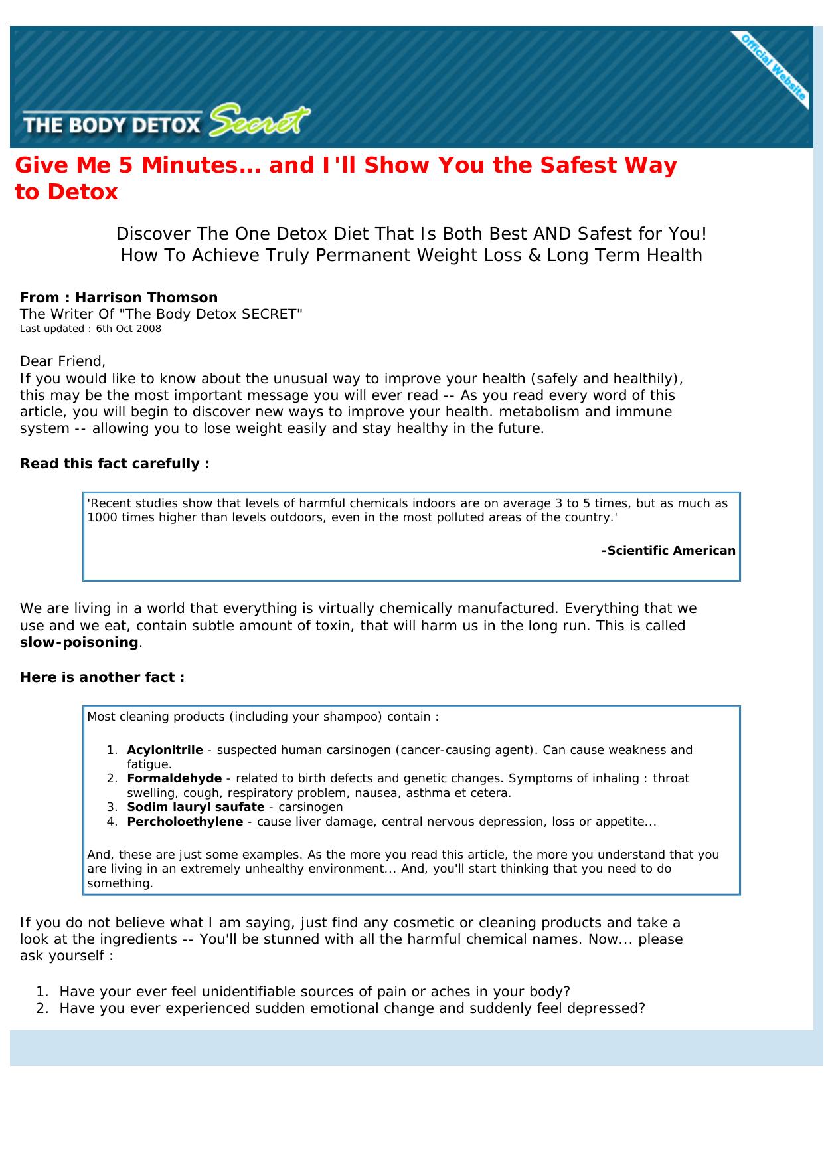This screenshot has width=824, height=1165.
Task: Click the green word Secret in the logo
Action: pyautogui.click(x=259, y=122)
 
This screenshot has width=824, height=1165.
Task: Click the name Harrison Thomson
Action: pyautogui.click(x=146, y=298)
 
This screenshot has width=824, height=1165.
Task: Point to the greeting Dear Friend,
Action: pyautogui.click(x=62, y=361)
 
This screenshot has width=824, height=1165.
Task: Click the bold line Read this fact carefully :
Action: pyautogui.click(x=114, y=464)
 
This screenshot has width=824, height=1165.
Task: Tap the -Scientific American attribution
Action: pyautogui.click(x=668, y=551)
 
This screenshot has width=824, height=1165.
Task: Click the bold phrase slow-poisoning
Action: pyautogui.click(x=78, y=642)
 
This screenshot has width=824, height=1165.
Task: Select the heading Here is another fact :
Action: pyautogui.click(x=102, y=677)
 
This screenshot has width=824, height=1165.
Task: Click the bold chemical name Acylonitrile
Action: pyautogui.click(x=165, y=750)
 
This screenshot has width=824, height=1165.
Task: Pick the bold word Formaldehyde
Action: pyautogui.click(x=174, y=778)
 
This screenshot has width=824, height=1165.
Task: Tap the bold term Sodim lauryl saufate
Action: pyautogui.click(x=195, y=807)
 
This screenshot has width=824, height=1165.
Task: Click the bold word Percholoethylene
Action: pyautogui.click(x=185, y=822)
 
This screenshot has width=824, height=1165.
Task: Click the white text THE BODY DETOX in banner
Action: pyautogui.click(x=112, y=125)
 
